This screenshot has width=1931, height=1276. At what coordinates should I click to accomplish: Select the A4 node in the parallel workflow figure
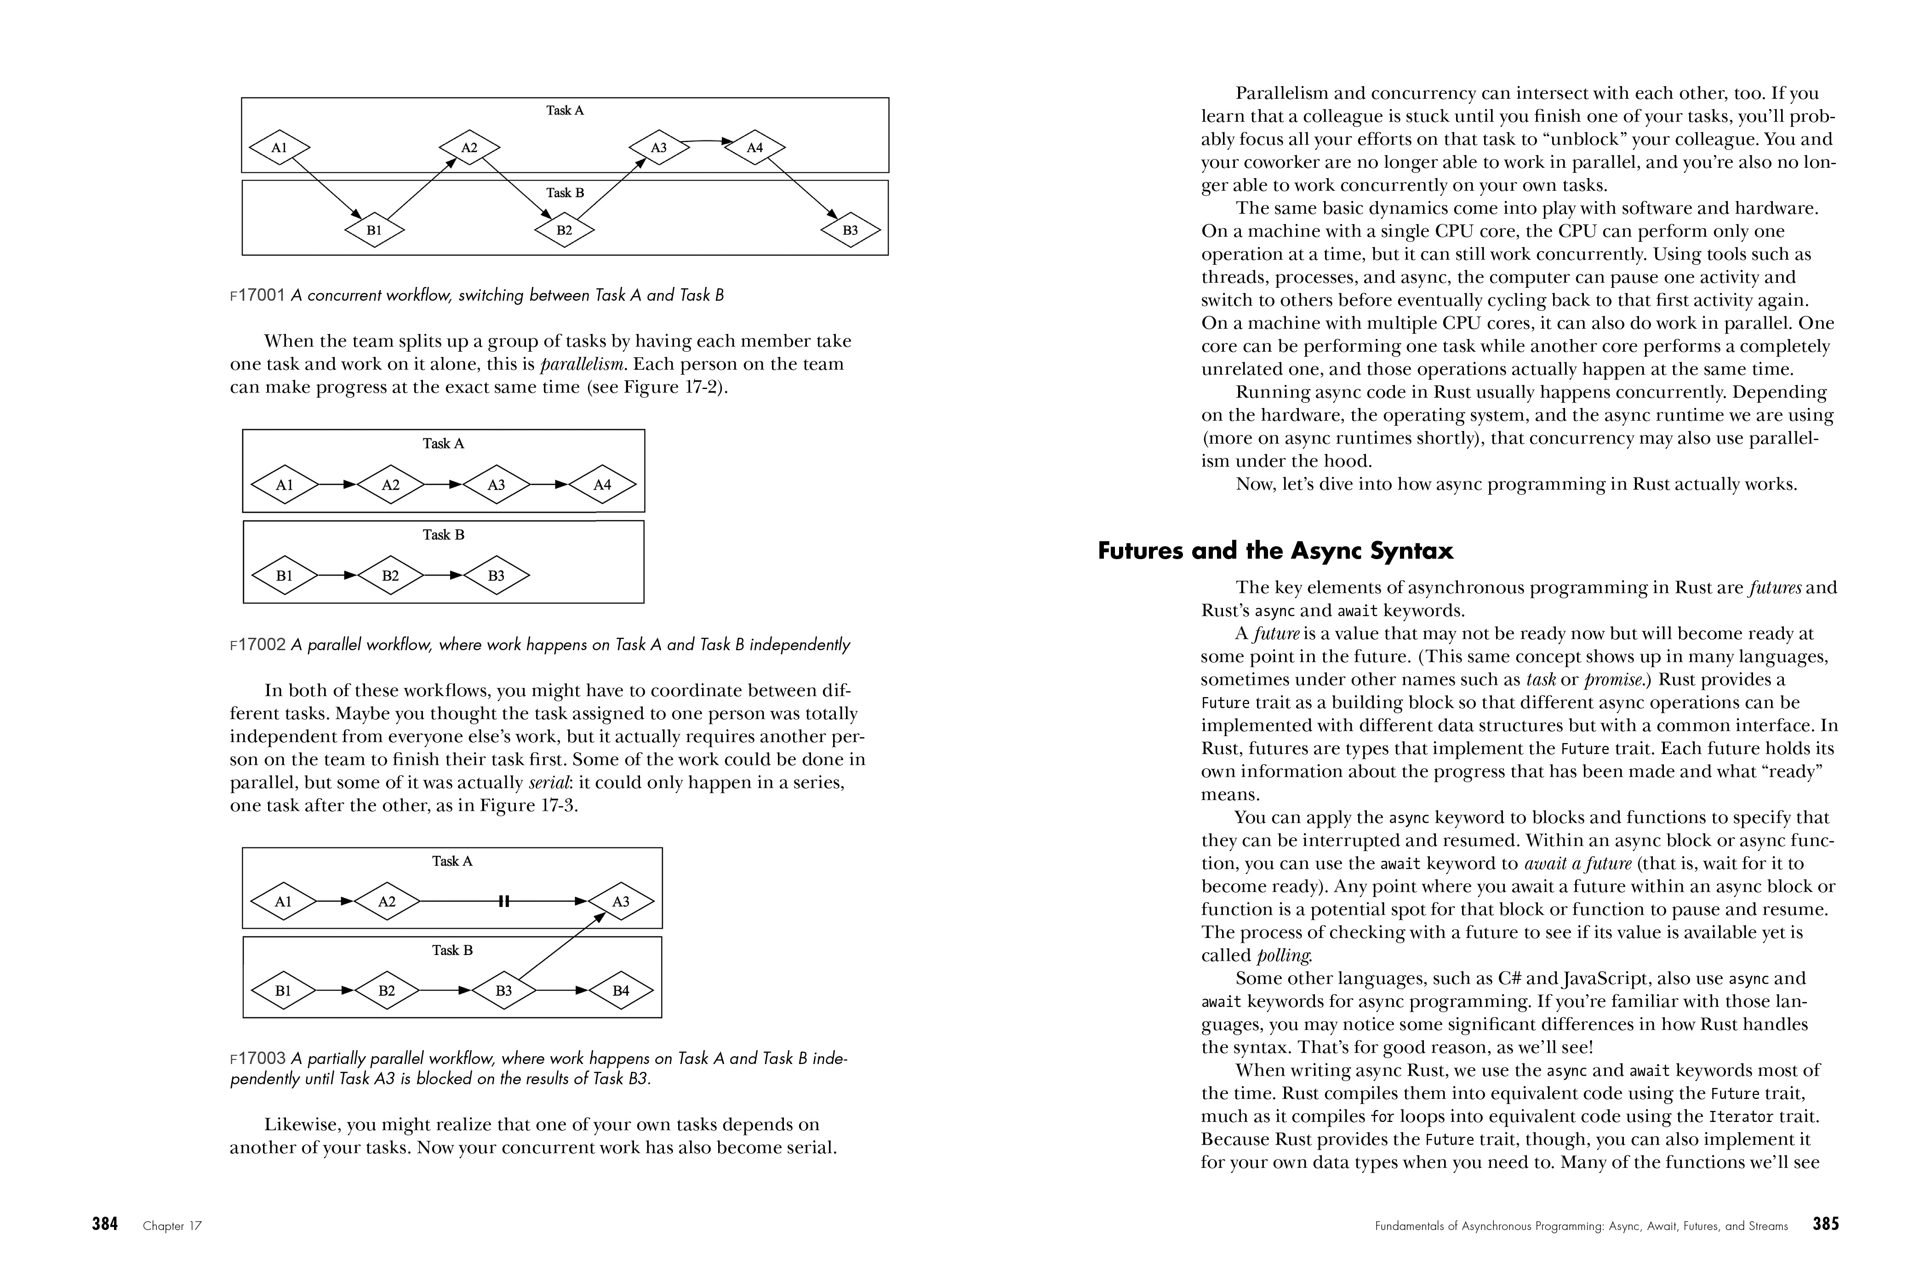click(x=602, y=485)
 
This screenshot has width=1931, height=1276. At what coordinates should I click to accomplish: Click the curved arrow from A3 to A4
click(x=706, y=142)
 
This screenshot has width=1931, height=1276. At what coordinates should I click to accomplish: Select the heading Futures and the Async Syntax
click(x=1275, y=551)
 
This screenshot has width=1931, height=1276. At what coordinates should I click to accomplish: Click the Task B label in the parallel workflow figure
click(x=444, y=535)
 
